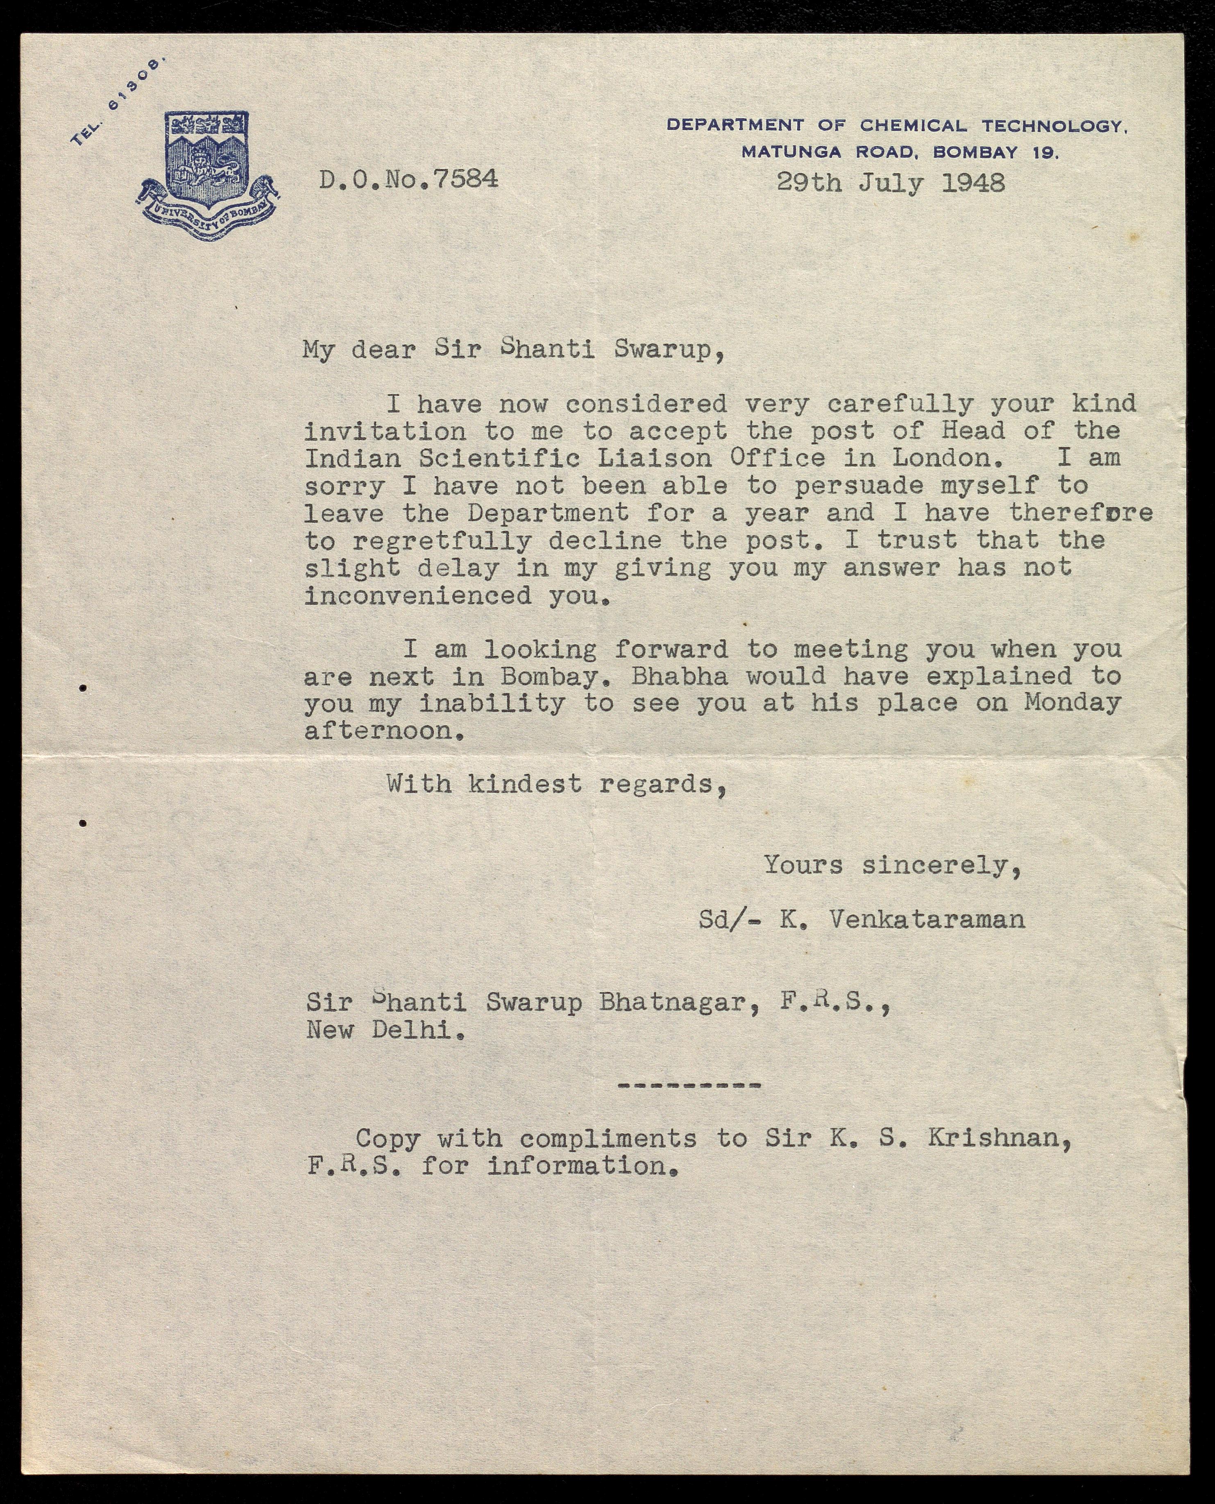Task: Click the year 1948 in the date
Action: (973, 183)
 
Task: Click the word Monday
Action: (1072, 703)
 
